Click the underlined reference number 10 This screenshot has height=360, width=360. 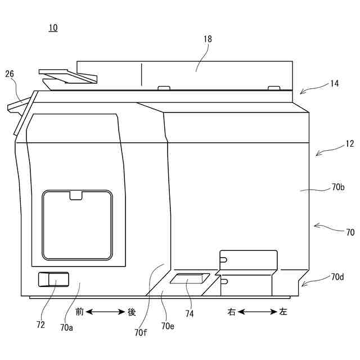click(53, 28)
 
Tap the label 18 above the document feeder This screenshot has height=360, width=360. click(208, 39)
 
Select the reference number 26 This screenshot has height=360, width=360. click(10, 74)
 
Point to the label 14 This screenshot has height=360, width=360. click(334, 83)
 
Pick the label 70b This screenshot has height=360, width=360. click(338, 188)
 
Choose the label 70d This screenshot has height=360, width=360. click(337, 276)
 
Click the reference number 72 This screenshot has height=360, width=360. click(40, 325)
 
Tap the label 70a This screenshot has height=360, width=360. click(67, 327)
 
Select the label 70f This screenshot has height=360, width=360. click(141, 332)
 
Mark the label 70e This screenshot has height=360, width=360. click(168, 326)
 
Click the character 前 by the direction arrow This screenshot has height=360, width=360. click(79, 311)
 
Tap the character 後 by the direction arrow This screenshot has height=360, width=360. click(132, 311)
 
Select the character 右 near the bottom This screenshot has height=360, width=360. click(231, 312)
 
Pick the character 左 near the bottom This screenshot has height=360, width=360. click(283, 312)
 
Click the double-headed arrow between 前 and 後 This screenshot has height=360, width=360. click(105, 311)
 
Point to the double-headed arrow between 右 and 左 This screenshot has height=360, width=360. click(257, 312)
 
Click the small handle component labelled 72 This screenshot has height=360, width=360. click(53, 279)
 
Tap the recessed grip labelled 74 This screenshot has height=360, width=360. click(190, 279)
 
